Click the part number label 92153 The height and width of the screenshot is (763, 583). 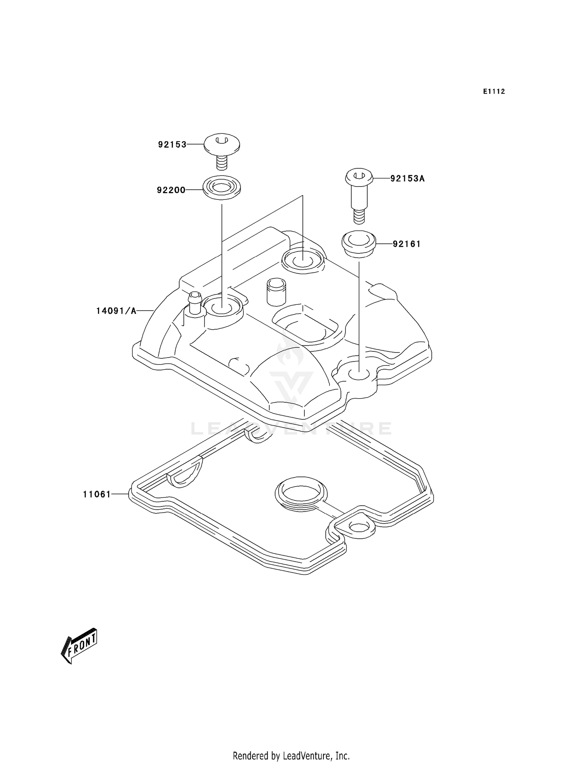coord(172,145)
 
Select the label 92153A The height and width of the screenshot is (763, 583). coord(407,179)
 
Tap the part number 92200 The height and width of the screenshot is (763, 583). coord(171,190)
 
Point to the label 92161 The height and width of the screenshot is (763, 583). coord(407,244)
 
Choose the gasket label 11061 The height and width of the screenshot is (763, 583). coord(97,494)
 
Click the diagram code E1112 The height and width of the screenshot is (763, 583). coord(494,92)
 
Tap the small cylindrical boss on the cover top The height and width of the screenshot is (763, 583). coord(276,291)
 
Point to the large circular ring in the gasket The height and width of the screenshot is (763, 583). coord(301,494)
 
